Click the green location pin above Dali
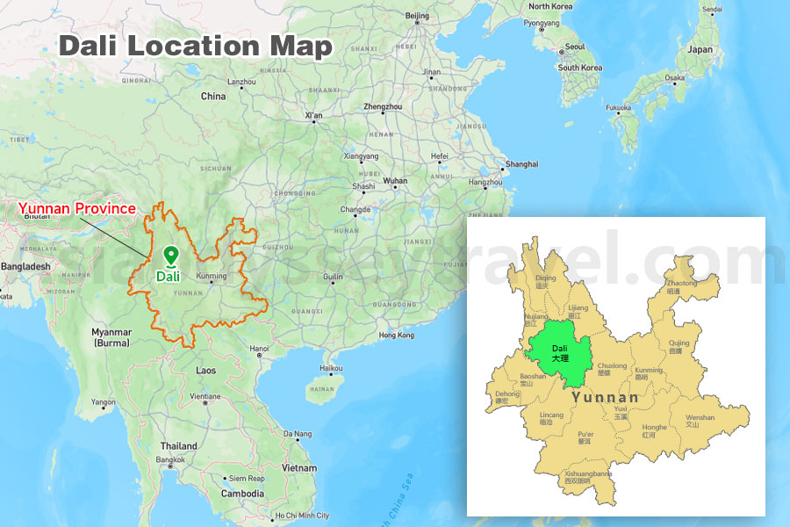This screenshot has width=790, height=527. (170, 256)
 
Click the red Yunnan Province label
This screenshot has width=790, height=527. (77, 209)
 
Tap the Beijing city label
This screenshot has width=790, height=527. (418, 16)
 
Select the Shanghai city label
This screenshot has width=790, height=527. (521, 164)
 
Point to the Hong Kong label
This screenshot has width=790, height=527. (396, 336)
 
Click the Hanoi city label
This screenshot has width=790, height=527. (260, 349)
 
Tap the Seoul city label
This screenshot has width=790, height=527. (575, 47)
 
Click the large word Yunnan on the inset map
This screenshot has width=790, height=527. (606, 397)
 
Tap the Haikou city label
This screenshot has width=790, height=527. (331, 368)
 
